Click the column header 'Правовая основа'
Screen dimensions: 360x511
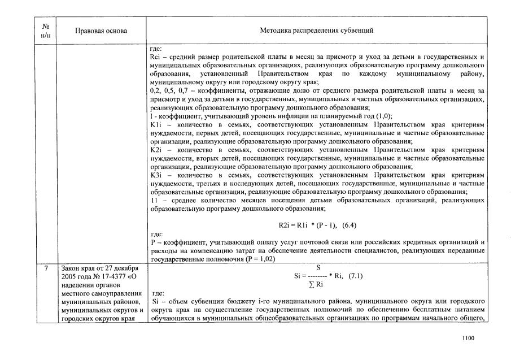pos(101,30)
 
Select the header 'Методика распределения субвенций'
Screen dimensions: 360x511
pos(316,30)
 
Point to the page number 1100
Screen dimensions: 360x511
pos(467,338)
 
